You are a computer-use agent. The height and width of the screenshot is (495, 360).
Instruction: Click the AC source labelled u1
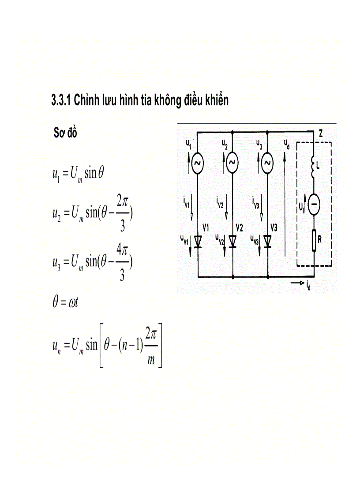point(197,164)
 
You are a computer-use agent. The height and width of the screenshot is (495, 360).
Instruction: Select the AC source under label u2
point(232,164)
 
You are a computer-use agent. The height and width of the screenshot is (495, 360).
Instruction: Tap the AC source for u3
point(267,164)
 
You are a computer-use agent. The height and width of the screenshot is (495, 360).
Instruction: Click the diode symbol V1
point(197,241)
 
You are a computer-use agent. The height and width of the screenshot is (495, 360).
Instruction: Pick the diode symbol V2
point(232,241)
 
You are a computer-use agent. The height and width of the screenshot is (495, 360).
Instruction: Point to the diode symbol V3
point(267,241)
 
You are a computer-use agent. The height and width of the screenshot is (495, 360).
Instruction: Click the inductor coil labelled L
point(314,166)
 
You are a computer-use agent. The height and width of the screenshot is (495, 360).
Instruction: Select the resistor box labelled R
point(314,241)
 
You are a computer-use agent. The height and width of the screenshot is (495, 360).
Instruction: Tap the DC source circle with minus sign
point(314,205)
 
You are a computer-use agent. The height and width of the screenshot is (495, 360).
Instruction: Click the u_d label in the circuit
point(287,144)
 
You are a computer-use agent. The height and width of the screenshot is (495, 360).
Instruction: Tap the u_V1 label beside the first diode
point(185,239)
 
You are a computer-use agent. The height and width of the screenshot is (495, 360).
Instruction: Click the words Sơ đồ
point(65,133)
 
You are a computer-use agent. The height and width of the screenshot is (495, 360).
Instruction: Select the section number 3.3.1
point(61,101)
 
